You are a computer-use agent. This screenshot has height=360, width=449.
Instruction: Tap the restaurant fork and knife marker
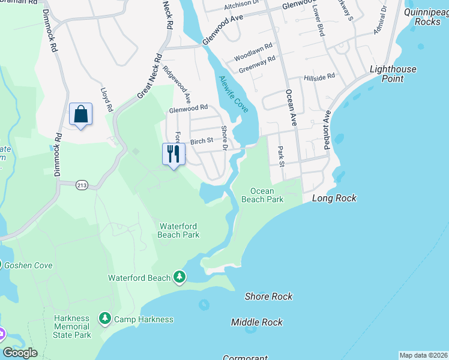[173, 154]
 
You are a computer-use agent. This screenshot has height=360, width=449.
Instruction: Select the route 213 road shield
[82, 186]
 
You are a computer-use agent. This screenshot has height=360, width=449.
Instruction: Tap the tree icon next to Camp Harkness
[105, 318]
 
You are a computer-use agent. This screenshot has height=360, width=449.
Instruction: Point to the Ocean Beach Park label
[262, 195]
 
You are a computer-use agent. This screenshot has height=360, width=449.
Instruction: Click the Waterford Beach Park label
[179, 230]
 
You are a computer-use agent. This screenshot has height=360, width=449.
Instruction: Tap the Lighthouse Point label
[393, 74]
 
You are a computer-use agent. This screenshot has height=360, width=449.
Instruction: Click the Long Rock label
[334, 198]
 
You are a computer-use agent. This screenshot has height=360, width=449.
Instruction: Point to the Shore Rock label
[268, 296]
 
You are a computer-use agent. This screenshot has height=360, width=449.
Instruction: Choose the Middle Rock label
[257, 322]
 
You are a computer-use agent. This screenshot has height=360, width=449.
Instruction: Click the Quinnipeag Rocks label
[427, 16]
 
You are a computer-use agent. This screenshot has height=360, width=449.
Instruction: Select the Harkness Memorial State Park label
[72, 326]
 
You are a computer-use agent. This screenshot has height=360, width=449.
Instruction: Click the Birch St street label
[202, 142]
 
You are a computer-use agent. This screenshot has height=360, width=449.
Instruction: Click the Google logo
[20, 352]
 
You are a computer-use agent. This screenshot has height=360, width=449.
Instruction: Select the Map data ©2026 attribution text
[423, 355]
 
